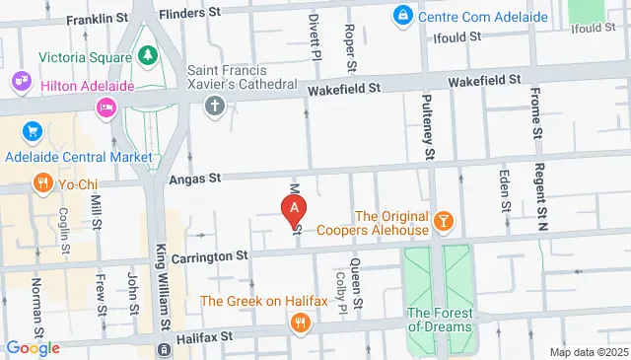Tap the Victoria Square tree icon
pyautogui.click(x=147, y=55)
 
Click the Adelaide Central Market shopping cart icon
pyautogui.click(x=33, y=131)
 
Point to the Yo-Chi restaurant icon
pyautogui.click(x=41, y=181)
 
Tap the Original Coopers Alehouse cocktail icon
pyautogui.click(x=443, y=222)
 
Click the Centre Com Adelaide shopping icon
pyautogui.click(x=402, y=17)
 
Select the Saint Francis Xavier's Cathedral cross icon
pyautogui.click(x=216, y=105)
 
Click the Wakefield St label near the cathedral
pyautogui.click(x=342, y=90)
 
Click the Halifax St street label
pyautogui.click(x=199, y=336)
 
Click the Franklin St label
pyautogui.click(x=97, y=19)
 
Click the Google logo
pyautogui.click(x=33, y=348)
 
